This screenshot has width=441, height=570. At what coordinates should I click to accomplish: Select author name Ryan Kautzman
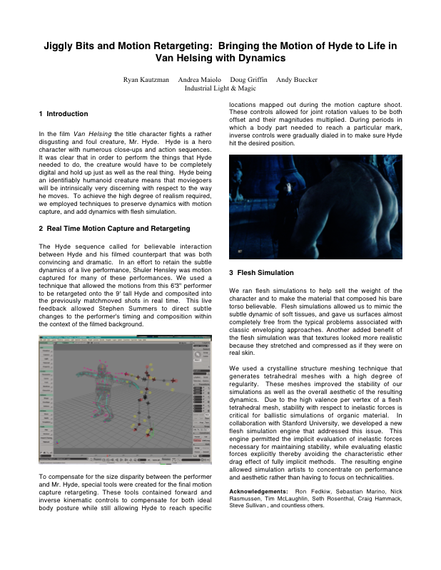point(146,80)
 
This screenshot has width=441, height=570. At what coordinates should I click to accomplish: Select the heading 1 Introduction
point(64,114)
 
